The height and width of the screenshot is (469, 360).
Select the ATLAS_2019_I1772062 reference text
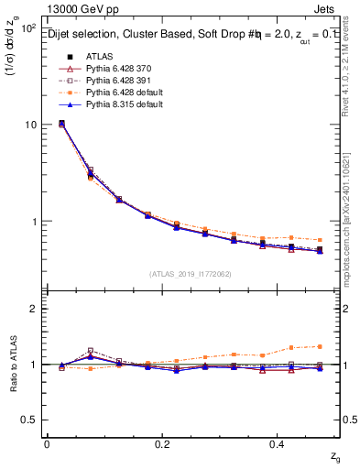point(191,274)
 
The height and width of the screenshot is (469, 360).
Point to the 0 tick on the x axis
point(48,444)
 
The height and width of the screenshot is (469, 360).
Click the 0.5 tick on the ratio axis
point(29,420)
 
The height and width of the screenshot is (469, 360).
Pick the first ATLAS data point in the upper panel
point(61,123)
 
